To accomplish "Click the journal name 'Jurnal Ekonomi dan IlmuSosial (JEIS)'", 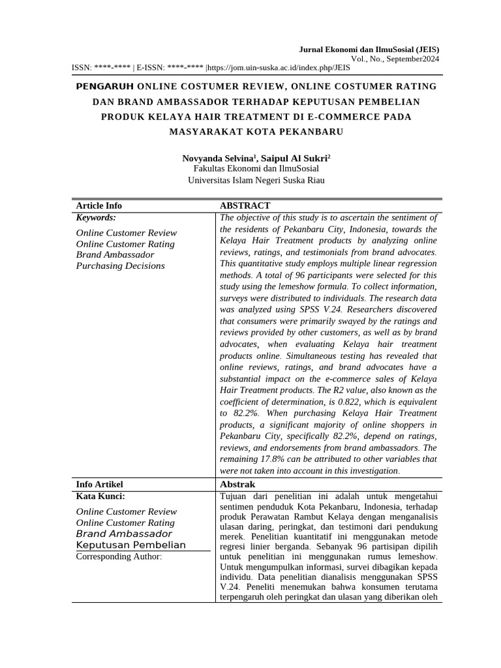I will tap(369, 49).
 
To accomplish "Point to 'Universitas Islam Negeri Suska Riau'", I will tap(256, 180).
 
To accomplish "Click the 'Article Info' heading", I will tap(99, 205).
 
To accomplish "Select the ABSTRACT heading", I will tap(245, 205).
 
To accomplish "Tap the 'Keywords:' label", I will tap(96, 217).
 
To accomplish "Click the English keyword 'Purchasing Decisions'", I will tap(121, 266).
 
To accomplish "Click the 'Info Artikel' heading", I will tap(100, 484).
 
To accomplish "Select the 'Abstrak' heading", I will tap(237, 484).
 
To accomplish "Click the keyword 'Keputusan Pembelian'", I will tap(131, 545).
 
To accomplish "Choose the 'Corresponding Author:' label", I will tap(119, 556).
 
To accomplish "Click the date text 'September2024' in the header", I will tap(412, 59).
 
